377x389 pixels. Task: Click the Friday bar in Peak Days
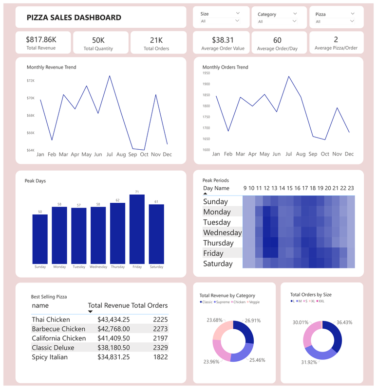click(x=137, y=229)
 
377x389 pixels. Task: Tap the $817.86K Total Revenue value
click(x=41, y=39)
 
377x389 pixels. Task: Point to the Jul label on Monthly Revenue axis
click(x=110, y=155)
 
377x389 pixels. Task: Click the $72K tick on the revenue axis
click(x=31, y=81)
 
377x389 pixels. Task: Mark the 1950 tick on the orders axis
click(x=206, y=73)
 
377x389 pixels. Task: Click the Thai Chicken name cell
click(x=51, y=319)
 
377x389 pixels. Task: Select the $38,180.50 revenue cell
click(x=113, y=348)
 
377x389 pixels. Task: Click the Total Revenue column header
click(x=109, y=305)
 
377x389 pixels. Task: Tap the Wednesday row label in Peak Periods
click(x=222, y=232)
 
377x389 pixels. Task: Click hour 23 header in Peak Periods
click(x=351, y=188)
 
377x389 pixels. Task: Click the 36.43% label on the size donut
click(x=344, y=322)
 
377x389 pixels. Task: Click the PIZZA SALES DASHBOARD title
click(x=74, y=18)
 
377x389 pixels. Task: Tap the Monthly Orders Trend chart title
click(x=225, y=67)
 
